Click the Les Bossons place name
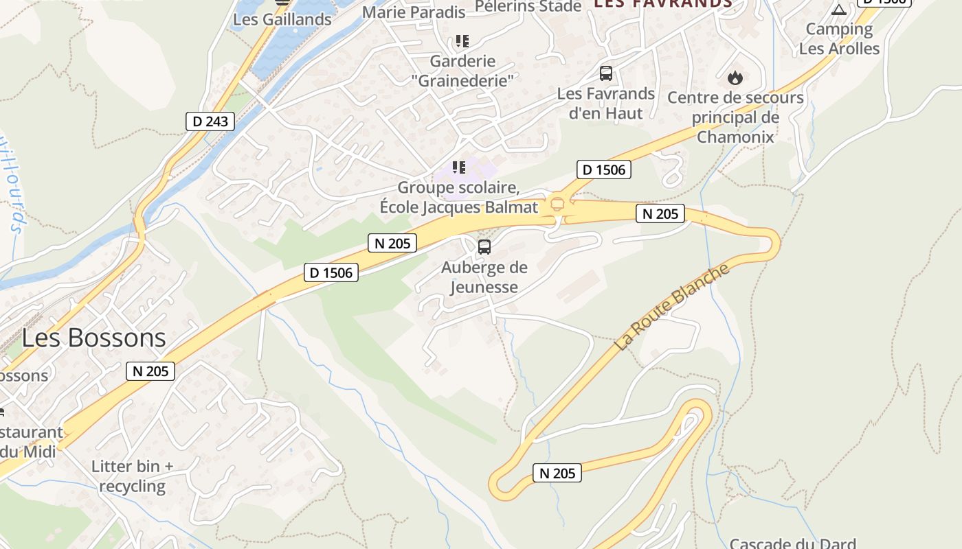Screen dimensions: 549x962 click(x=93, y=338)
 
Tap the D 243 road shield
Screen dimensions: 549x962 click(x=210, y=122)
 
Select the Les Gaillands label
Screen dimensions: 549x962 click(x=282, y=19)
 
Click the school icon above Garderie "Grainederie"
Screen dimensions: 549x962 click(x=462, y=41)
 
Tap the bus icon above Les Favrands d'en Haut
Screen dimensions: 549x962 click(x=605, y=73)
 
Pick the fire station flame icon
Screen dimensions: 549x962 click(x=735, y=78)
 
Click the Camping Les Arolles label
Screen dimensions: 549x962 click(x=839, y=38)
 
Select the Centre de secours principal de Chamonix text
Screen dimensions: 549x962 click(x=735, y=117)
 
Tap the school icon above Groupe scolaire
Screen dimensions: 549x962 click(x=459, y=167)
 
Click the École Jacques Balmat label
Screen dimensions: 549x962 click(x=459, y=207)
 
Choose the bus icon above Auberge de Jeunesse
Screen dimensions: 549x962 click(x=484, y=247)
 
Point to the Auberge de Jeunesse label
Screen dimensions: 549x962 click(x=484, y=277)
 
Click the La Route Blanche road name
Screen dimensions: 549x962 click(x=671, y=307)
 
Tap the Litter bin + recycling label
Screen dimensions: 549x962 click(x=133, y=476)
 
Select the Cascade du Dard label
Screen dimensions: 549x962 click(x=792, y=544)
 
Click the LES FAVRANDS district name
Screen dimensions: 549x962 click(x=663, y=3)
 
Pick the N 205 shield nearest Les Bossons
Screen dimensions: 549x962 click(x=151, y=371)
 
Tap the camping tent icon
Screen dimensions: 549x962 click(x=838, y=10)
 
